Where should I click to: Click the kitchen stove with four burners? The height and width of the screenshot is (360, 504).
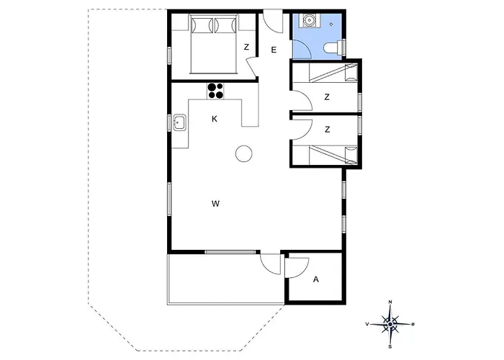click(x=215, y=91)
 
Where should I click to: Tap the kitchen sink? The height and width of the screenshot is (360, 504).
click(x=180, y=122)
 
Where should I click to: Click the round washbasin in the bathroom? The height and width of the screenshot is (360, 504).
click(x=310, y=20)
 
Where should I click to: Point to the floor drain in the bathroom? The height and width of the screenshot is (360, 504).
click(x=331, y=24)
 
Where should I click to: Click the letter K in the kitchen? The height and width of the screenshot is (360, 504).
click(x=215, y=119)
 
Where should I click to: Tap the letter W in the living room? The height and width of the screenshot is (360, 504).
click(x=215, y=204)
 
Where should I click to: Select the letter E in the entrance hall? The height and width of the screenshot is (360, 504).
click(x=274, y=50)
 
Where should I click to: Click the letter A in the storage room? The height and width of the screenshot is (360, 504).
click(x=316, y=279)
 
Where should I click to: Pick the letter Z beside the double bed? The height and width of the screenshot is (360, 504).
click(x=246, y=47)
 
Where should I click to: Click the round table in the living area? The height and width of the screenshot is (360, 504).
click(x=243, y=153)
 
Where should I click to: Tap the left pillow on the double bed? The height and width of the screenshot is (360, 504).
click(x=202, y=25)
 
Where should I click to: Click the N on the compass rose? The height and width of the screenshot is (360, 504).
click(x=390, y=302)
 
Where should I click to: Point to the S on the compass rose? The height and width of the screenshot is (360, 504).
click(x=390, y=347)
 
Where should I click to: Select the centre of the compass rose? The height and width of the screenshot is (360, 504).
click(x=390, y=324)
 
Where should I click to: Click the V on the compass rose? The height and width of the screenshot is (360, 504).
click(x=366, y=324)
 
